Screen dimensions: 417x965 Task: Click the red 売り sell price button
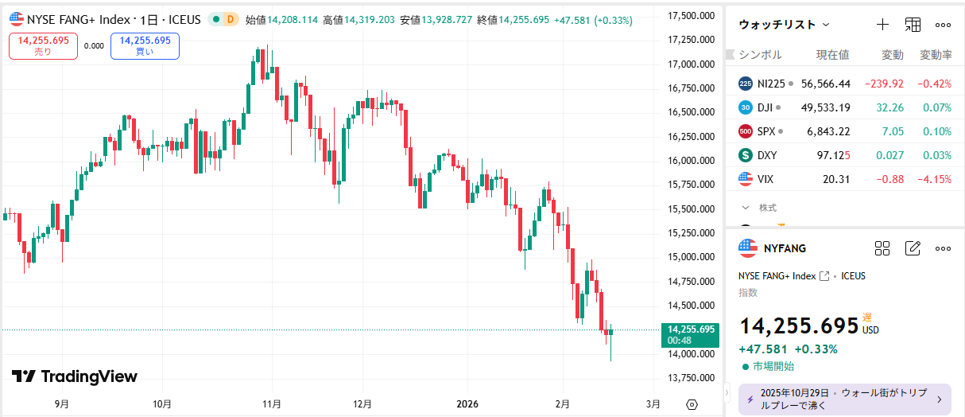tap(43, 45)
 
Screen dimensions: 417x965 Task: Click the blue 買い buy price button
tap(145, 45)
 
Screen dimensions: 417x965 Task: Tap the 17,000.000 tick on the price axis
tap(689, 64)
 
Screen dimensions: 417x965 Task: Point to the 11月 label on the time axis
tap(272, 404)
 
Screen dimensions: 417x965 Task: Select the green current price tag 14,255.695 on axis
tap(691, 333)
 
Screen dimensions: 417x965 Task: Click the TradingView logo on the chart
tap(75, 376)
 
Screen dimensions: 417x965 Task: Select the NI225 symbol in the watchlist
tap(770, 84)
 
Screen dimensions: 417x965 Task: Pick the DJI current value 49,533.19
tap(826, 107)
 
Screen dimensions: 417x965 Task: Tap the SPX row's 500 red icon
tap(746, 131)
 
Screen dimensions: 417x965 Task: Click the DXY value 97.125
tap(832, 155)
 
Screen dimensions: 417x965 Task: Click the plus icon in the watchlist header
tap(882, 25)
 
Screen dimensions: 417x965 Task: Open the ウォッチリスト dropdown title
tap(784, 25)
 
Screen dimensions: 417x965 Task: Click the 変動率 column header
tap(936, 55)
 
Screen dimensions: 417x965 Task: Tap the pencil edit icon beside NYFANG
tap(913, 248)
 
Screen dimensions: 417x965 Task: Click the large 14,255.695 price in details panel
tap(799, 325)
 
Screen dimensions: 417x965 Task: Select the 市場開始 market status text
tap(773, 366)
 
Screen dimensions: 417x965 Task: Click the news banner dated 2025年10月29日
tap(839, 399)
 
